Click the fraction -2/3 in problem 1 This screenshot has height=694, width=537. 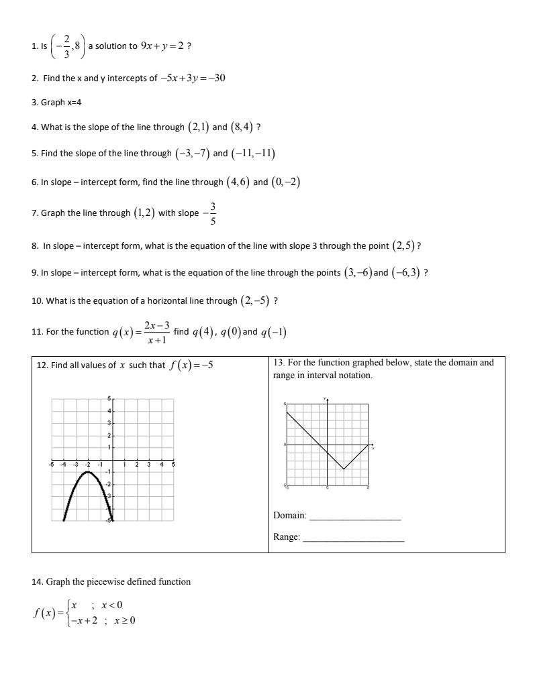click(x=65, y=46)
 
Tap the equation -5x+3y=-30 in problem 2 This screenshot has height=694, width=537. click(x=192, y=78)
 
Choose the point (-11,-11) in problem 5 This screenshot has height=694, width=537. click(x=254, y=153)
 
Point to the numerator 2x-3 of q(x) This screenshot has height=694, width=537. click(x=156, y=325)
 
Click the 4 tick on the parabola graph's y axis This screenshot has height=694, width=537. click(x=109, y=410)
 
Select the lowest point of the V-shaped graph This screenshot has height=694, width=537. click(x=344, y=469)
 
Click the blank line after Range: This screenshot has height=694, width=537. click(x=354, y=537)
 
